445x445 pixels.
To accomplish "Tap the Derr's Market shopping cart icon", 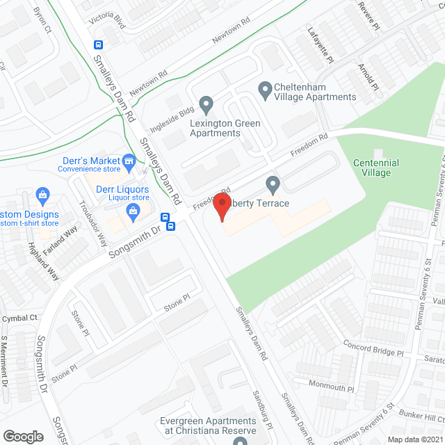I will (x=129, y=162).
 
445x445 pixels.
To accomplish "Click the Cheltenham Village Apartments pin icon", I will (x=265, y=89).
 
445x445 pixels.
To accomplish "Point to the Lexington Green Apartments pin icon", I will (x=206, y=106).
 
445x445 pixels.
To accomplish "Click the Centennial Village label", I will (x=376, y=168).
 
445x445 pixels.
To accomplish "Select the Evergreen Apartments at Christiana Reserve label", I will (x=208, y=426).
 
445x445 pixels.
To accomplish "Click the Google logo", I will (x=23, y=436).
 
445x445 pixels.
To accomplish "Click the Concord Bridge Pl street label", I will (x=373, y=348).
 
